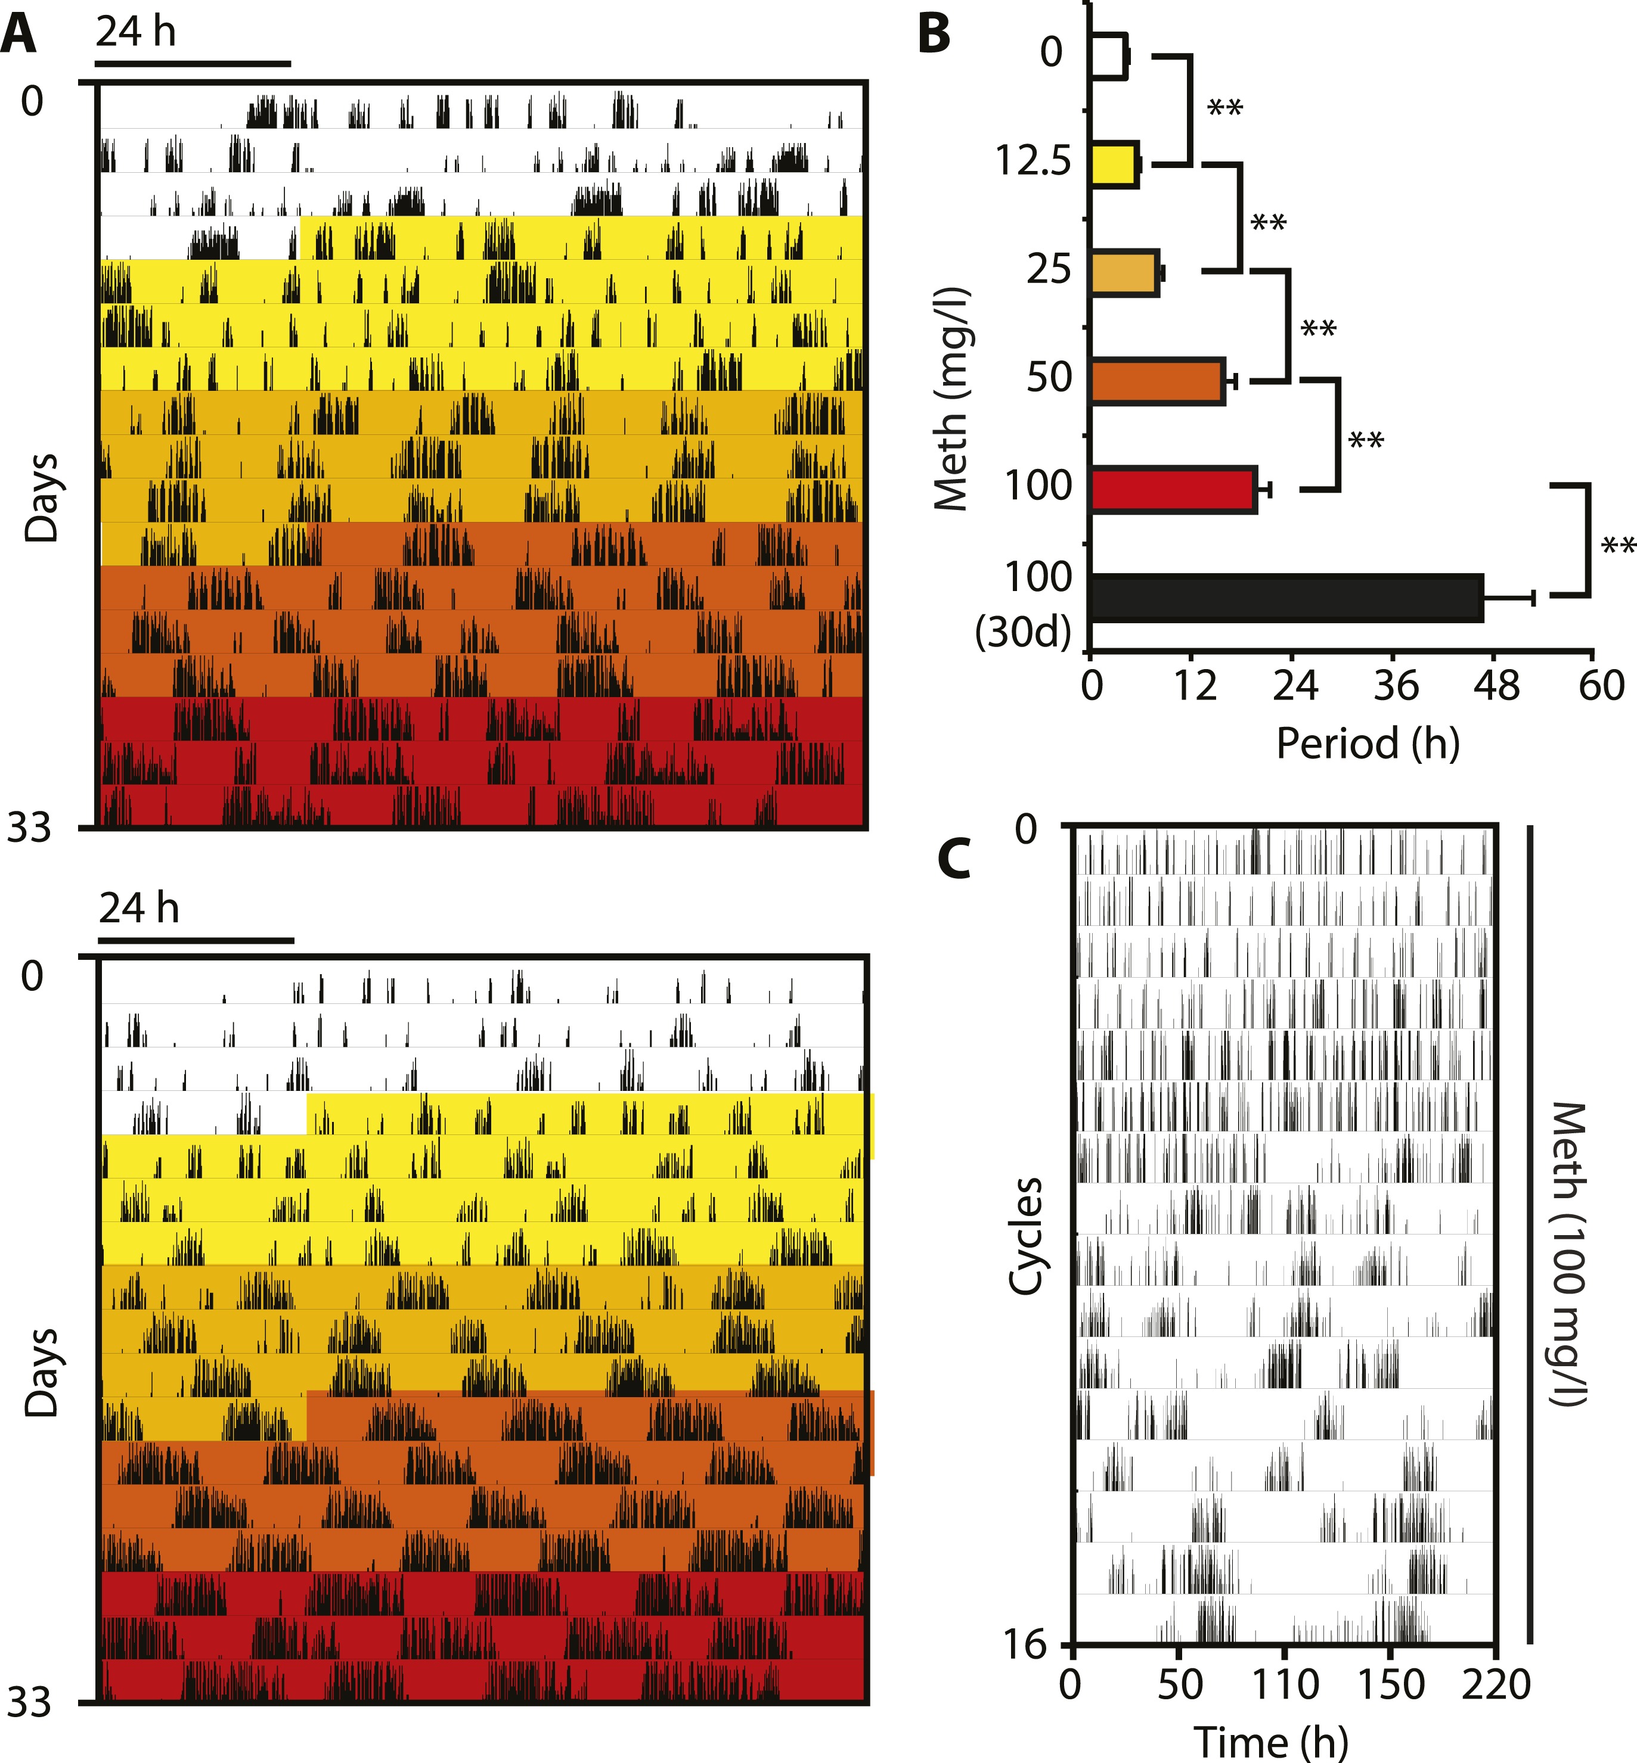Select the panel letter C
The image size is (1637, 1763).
954,858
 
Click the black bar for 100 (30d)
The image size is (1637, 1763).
1286,598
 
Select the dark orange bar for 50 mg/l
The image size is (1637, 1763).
1157,381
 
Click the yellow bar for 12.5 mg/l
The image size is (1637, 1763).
1114,164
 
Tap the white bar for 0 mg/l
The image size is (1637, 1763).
1108,56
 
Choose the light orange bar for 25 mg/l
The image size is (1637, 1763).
1124,273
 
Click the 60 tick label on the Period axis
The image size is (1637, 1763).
1601,685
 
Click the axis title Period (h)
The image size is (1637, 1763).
1368,742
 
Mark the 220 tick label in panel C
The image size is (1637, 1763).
1496,1683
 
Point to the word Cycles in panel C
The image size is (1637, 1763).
1027,1235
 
